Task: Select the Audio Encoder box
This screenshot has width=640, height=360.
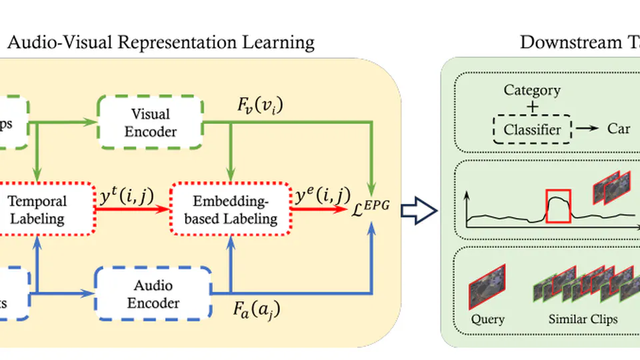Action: click(x=153, y=294)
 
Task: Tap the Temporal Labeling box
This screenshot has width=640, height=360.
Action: click(x=37, y=209)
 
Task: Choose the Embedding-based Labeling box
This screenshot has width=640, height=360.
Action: click(x=230, y=209)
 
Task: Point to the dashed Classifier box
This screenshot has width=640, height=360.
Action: click(x=532, y=129)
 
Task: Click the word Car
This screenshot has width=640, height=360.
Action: click(x=618, y=129)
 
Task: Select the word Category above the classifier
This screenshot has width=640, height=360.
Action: click(x=532, y=90)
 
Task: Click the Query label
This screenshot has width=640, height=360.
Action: click(x=487, y=319)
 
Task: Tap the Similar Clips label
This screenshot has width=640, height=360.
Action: click(x=583, y=319)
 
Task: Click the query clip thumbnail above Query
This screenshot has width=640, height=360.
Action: click(x=487, y=284)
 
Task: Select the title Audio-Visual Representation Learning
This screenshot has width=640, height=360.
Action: click(x=160, y=43)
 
